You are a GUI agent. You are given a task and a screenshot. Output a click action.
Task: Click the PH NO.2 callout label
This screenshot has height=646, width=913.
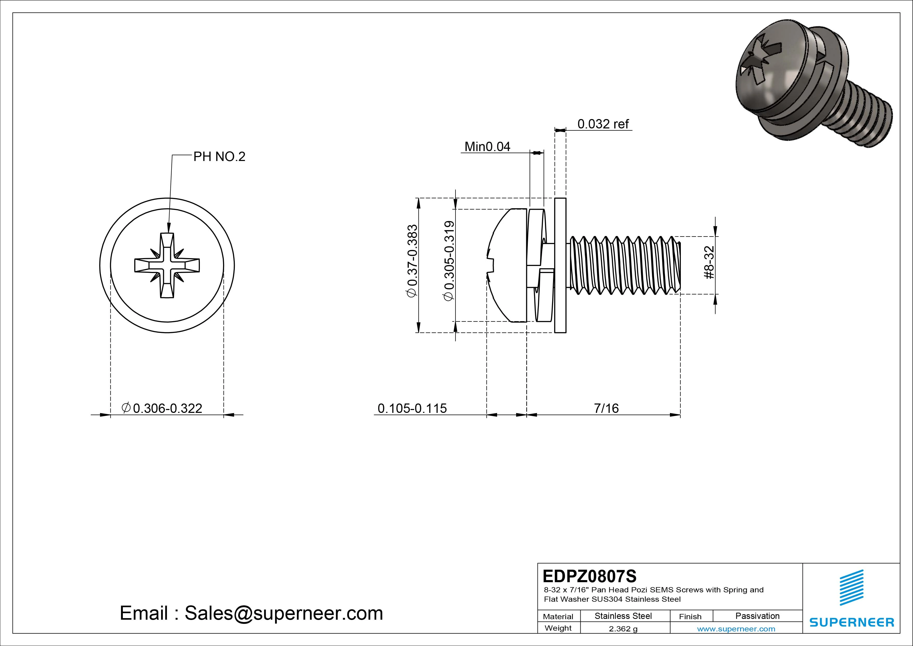(219, 157)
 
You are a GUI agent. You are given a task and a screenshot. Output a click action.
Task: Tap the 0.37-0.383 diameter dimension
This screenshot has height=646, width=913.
(413, 261)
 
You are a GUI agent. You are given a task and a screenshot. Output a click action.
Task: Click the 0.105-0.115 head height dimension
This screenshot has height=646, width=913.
(412, 408)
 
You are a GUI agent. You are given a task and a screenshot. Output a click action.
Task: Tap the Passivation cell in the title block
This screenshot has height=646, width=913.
(757, 616)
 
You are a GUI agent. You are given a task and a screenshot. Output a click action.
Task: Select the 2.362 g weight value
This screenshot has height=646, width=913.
(623, 629)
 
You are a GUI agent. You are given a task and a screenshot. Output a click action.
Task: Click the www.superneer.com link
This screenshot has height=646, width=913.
(736, 629)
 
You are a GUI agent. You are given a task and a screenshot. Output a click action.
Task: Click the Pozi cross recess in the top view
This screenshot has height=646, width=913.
(167, 265)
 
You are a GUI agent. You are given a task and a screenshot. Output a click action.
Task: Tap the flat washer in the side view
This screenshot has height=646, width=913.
(560, 265)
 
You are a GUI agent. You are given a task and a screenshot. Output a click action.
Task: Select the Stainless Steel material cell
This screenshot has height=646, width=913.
(623, 616)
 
